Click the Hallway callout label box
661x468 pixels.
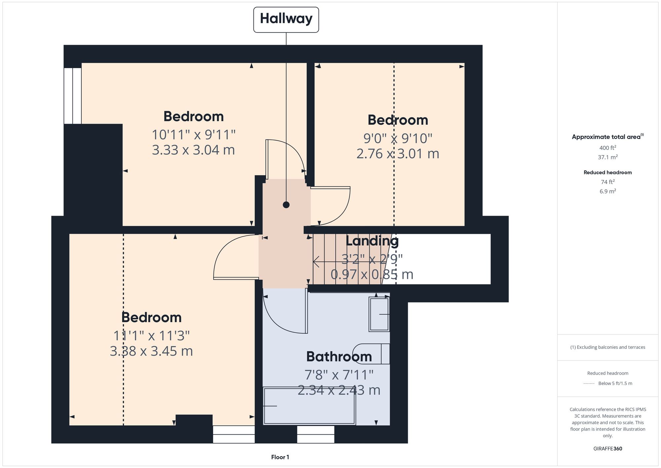click(x=286, y=20)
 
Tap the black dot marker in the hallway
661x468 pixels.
click(x=286, y=205)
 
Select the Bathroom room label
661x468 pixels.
click(x=339, y=357)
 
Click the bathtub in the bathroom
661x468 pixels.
click(x=309, y=406)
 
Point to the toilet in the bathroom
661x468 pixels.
click(x=372, y=354)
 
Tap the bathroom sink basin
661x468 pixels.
click(x=379, y=314)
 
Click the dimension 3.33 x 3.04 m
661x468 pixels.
click(x=193, y=150)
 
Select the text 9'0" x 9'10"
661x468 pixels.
click(x=398, y=138)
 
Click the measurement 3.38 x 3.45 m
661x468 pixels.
click(x=151, y=351)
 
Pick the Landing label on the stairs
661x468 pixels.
click(x=372, y=241)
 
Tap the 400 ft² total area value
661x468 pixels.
click(x=607, y=148)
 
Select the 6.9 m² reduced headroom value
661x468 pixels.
click(x=607, y=191)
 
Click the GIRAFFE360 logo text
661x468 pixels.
click(x=607, y=449)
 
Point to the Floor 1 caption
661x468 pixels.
click(x=280, y=457)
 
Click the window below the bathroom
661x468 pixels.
click(x=316, y=434)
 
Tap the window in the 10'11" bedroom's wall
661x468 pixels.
click(x=73, y=96)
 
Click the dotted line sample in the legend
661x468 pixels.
click(x=589, y=384)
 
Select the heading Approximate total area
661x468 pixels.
click(x=607, y=137)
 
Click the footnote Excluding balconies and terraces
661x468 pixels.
click(x=607, y=347)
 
